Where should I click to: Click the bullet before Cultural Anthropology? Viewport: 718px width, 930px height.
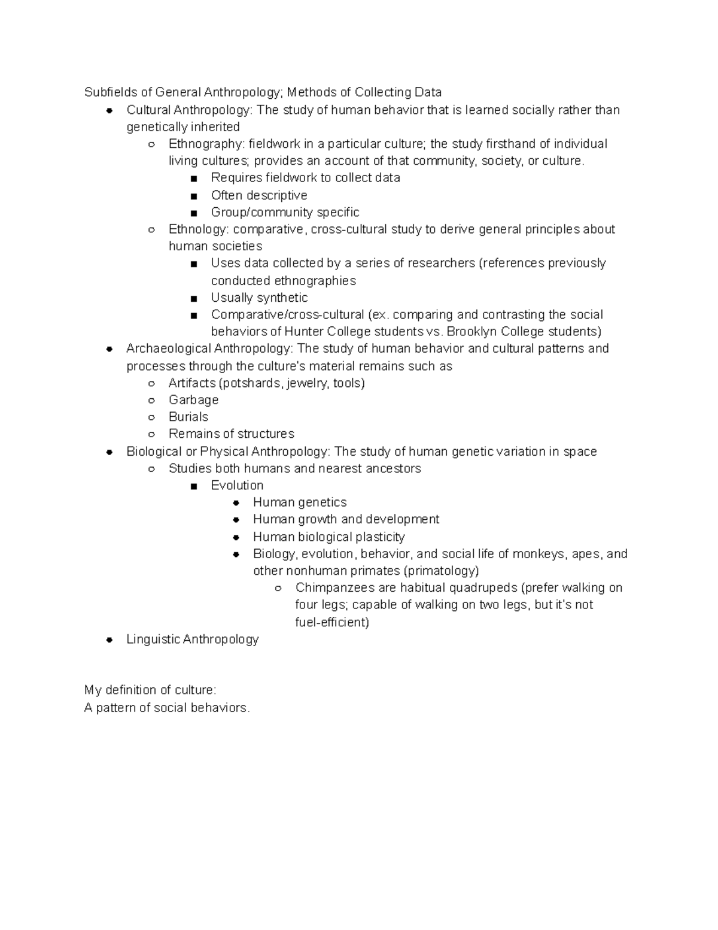(x=109, y=110)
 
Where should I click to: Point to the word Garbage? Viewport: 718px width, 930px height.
(x=193, y=400)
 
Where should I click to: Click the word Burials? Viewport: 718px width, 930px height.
(x=188, y=417)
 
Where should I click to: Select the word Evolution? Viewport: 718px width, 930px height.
(x=237, y=485)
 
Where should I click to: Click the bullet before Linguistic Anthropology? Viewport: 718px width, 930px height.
(x=109, y=640)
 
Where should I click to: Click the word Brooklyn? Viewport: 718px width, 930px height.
(x=471, y=332)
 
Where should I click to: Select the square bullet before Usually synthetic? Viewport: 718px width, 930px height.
(x=193, y=298)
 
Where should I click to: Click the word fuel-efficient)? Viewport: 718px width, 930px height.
(x=332, y=622)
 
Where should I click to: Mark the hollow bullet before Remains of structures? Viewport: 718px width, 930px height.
(x=152, y=434)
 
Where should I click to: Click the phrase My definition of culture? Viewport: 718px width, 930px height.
(x=146, y=690)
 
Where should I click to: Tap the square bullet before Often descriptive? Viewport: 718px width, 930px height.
(x=193, y=196)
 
